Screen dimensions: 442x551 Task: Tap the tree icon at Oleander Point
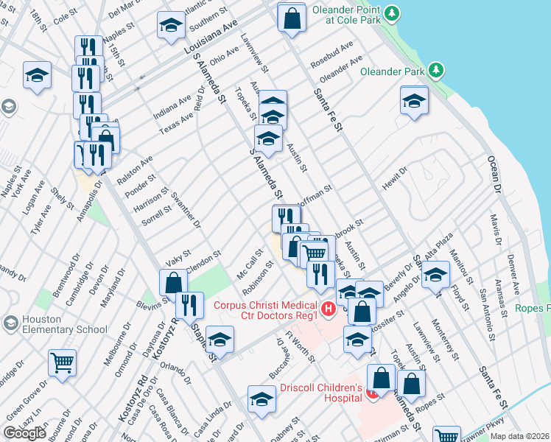[x=393, y=13]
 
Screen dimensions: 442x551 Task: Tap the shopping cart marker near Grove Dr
[x=62, y=362]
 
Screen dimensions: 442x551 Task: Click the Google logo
[x=24, y=432]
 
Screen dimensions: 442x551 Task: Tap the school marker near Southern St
[x=171, y=25]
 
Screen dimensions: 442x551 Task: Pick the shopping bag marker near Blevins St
[x=173, y=281]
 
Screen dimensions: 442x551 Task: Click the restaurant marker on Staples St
[x=190, y=304]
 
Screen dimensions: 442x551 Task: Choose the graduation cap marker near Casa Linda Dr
[x=262, y=399]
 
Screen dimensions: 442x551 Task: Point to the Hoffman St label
[x=315, y=194]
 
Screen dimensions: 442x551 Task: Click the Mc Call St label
[x=249, y=264]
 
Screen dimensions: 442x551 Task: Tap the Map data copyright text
[x=520, y=436]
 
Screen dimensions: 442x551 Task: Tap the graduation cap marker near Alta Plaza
[x=435, y=275]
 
